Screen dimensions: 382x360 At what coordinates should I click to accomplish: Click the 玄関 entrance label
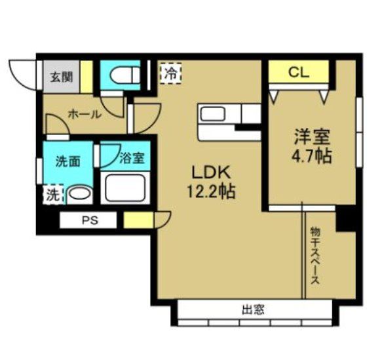pos(62,77)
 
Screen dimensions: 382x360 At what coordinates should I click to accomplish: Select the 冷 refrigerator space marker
pos(171,73)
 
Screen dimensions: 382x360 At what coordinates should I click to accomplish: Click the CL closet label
pos(299,72)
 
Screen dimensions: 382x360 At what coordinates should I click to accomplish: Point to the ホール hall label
pos(85,114)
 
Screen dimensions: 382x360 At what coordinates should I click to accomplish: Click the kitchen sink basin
pos(213,114)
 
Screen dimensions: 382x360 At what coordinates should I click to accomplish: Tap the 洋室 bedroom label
pos(312,137)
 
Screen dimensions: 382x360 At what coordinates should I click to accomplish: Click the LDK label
pos(211,172)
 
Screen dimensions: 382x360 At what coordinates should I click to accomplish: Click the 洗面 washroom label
pos(67,161)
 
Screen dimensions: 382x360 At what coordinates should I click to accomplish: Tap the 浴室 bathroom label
pos(132,158)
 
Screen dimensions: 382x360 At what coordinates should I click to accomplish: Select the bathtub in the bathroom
pos(125,188)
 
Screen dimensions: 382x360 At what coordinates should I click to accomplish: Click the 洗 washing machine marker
pos(53,195)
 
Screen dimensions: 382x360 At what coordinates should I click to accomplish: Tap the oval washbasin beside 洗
pos(80,194)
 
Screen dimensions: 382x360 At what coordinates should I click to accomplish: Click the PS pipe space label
pos(90,220)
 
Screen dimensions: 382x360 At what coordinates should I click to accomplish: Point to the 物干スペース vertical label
pos(315,256)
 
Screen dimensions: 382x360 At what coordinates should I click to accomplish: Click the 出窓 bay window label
pos(253,310)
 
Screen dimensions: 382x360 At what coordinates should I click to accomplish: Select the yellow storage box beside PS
pos(138,220)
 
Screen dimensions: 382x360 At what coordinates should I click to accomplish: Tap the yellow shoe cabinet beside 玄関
pos(86,77)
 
